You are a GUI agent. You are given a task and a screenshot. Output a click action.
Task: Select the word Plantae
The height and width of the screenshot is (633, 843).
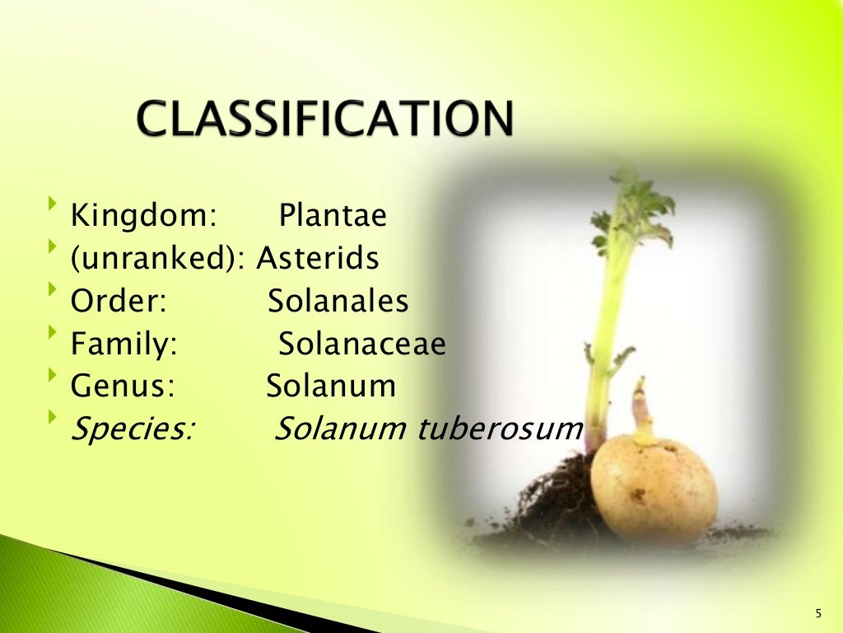click(x=333, y=216)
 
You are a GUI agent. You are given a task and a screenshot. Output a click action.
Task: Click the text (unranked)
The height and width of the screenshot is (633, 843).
click(x=157, y=259)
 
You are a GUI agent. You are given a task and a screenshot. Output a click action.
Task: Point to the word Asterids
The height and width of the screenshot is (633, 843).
click(x=318, y=259)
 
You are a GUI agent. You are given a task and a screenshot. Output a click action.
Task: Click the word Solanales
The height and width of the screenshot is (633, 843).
click(x=338, y=302)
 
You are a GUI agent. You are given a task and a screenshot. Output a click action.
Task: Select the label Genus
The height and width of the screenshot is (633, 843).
click(x=122, y=386)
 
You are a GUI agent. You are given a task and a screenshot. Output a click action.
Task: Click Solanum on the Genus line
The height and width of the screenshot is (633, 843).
click(x=331, y=386)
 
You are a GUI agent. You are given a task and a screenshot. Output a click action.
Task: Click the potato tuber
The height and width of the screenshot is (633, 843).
click(x=654, y=490)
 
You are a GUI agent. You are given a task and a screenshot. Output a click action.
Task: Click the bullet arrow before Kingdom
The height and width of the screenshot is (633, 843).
click(x=54, y=204)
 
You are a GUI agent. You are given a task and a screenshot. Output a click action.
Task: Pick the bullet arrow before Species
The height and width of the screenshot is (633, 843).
click(x=54, y=417)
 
